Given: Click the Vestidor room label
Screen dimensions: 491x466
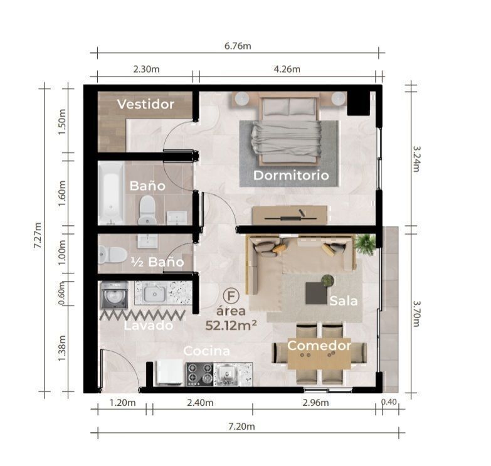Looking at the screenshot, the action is point(145,104).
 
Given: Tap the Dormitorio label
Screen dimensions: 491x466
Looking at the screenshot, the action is point(291,176).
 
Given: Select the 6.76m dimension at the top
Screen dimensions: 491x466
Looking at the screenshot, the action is point(238,46).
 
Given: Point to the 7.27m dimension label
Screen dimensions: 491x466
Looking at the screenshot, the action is point(38,235).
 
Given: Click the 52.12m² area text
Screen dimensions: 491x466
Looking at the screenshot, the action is point(231,326).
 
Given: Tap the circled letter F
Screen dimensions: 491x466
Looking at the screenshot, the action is point(231,296).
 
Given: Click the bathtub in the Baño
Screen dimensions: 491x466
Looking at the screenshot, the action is point(110,193).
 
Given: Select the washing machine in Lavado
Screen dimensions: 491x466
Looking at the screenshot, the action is point(114,295).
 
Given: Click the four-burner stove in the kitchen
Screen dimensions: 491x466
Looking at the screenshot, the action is point(199,374).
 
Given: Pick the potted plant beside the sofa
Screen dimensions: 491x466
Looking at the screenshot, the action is point(366,243).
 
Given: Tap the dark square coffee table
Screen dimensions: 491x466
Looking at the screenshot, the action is point(316,293).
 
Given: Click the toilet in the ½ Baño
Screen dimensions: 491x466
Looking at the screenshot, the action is point(112,255).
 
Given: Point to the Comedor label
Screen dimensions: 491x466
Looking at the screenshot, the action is point(319,346).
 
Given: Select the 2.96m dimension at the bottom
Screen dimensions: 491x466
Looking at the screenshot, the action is point(315,403).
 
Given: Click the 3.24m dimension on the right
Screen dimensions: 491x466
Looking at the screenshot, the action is point(416,159).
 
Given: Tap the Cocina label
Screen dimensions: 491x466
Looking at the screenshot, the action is point(207,351).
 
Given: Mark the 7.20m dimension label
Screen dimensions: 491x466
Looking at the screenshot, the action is point(241,426).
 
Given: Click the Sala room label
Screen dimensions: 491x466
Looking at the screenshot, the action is point(344,301).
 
